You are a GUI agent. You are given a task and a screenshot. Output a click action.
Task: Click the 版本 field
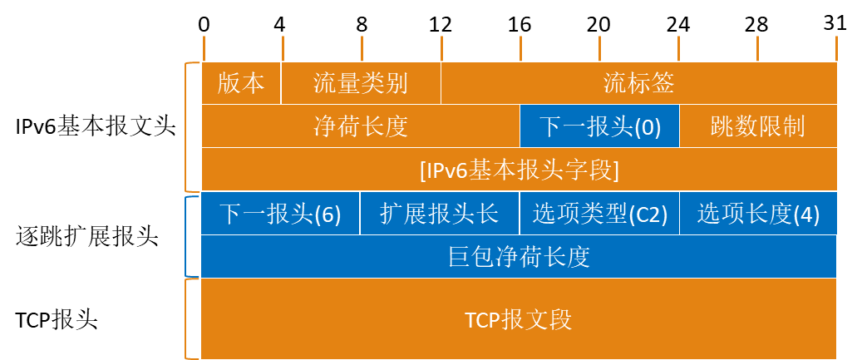(241, 83)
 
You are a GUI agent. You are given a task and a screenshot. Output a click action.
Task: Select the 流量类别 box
(361, 83)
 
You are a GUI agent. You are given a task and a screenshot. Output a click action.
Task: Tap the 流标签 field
(638, 83)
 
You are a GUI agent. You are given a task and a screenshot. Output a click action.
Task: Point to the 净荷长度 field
(361, 126)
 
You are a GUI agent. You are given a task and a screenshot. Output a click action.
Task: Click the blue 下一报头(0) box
(599, 126)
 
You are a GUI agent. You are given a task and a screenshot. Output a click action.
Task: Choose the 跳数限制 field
(757, 126)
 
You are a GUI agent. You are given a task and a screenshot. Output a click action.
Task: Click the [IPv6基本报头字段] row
(519, 170)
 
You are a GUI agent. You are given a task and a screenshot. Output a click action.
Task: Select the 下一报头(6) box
(280, 214)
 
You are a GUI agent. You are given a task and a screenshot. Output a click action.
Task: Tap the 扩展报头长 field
(439, 214)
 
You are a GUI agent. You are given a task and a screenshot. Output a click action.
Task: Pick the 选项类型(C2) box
(599, 214)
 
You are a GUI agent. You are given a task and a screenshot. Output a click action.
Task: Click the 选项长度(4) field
(758, 214)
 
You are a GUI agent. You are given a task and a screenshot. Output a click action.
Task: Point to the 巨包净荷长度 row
(519, 257)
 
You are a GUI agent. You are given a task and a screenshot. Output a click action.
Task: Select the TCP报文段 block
(519, 319)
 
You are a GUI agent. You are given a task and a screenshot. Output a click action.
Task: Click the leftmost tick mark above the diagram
(204, 47)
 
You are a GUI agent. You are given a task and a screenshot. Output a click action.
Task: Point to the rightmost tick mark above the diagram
(836, 47)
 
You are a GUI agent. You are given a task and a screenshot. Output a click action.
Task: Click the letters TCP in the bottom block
(482, 320)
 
